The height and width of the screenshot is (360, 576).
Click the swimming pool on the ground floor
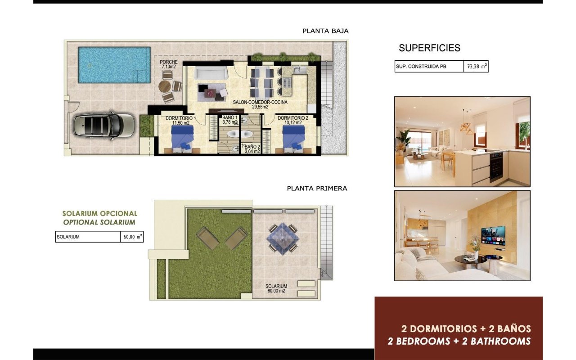[x=114, y=65]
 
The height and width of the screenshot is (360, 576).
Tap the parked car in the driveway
[x=104, y=125]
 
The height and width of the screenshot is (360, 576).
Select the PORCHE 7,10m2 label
[x=169, y=64]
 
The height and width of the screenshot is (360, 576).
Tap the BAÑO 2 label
[x=252, y=149]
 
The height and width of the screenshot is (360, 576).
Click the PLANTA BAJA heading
[x=325, y=31]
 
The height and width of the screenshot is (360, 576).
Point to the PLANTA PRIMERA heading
[x=317, y=189]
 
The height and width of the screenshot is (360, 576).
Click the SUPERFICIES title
[x=429, y=48]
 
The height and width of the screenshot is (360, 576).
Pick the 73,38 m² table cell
[x=476, y=67]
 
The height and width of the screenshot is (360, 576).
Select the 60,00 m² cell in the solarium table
[x=131, y=237]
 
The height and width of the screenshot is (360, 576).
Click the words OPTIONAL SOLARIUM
[x=99, y=222]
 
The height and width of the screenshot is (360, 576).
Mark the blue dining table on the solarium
[x=283, y=238]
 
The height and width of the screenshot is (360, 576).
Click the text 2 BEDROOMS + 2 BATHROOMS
[x=459, y=341]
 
